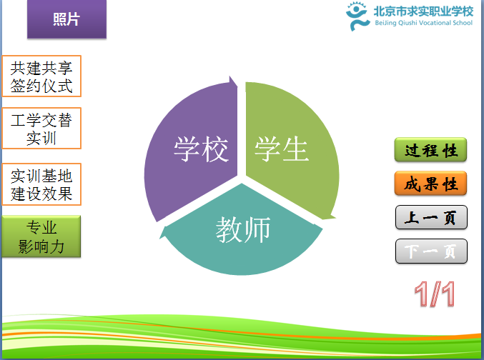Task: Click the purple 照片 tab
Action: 66,19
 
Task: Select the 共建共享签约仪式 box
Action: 41,76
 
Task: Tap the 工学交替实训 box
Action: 41,129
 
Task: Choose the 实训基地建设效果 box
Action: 41,184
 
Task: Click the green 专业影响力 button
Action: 41,236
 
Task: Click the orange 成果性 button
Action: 430,184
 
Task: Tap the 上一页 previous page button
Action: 431,217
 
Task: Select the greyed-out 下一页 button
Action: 431,251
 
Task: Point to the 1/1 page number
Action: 435,294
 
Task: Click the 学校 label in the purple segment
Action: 201,149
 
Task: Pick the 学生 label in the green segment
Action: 281,149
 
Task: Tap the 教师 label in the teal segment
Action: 243,229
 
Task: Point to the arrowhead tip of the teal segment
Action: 160,238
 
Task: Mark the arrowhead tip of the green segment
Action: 335,218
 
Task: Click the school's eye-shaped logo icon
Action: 357,16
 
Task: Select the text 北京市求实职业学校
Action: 423,11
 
